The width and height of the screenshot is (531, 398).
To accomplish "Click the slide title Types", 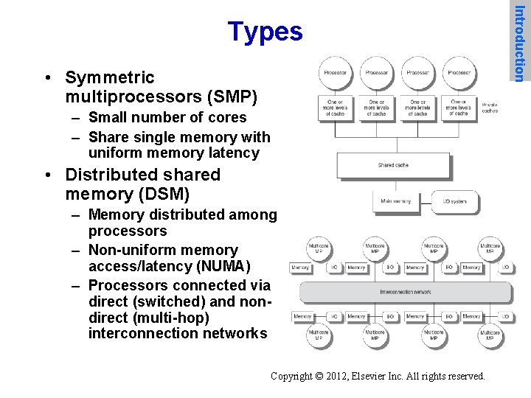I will click(265, 32).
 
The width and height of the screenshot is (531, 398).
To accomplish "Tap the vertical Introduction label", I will click(520, 43).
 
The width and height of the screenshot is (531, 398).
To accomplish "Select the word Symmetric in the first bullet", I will click(110, 77).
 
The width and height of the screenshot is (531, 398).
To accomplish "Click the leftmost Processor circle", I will click(335, 73).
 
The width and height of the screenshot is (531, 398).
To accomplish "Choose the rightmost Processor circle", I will click(459, 73).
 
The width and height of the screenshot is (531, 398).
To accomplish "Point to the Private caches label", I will click(490, 107).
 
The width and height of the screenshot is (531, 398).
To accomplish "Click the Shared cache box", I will click(393, 165).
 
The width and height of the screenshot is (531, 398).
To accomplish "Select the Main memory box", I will click(396, 201).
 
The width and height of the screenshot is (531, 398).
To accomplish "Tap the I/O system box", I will click(455, 201).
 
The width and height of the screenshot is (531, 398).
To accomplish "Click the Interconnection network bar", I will click(405, 292).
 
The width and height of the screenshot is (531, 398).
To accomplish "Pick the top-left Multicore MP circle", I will click(319, 248).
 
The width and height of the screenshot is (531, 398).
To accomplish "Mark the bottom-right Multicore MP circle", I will click(490, 336).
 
